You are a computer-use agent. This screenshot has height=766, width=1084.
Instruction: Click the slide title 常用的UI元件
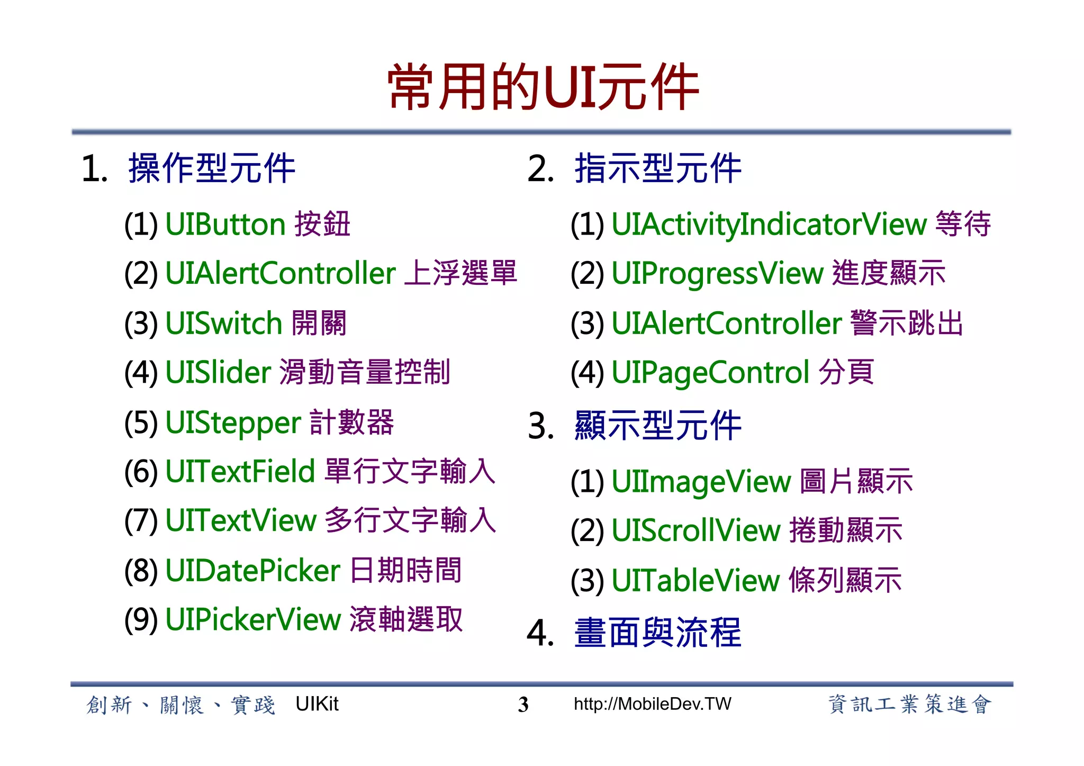pyautogui.click(x=543, y=87)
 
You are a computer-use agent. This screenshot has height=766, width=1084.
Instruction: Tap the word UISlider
pyautogui.click(x=218, y=373)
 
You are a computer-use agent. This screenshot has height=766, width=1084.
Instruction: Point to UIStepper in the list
pyautogui.click(x=233, y=423)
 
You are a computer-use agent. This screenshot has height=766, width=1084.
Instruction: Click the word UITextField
pyautogui.click(x=240, y=471)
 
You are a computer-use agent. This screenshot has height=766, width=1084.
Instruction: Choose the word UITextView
pyautogui.click(x=241, y=520)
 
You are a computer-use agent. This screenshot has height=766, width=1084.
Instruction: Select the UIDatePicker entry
pyautogui.click(x=252, y=571)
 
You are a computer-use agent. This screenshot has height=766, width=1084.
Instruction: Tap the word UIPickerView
pyautogui.click(x=253, y=619)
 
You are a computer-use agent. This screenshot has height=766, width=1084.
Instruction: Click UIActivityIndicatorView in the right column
pyautogui.click(x=769, y=224)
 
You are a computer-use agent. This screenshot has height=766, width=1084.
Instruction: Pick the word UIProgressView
pyautogui.click(x=717, y=274)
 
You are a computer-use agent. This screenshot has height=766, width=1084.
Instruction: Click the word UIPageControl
pyautogui.click(x=710, y=373)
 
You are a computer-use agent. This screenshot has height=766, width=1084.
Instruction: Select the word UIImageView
pyautogui.click(x=701, y=482)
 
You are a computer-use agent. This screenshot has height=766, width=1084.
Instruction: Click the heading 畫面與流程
pyautogui.click(x=657, y=633)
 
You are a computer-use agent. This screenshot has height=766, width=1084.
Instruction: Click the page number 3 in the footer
pyautogui.click(x=523, y=705)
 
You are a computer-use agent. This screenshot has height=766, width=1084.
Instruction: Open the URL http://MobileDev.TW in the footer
pyautogui.click(x=652, y=704)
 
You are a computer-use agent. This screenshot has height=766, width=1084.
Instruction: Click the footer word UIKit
pyautogui.click(x=317, y=704)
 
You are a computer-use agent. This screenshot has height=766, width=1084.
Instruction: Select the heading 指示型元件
pyautogui.click(x=657, y=169)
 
